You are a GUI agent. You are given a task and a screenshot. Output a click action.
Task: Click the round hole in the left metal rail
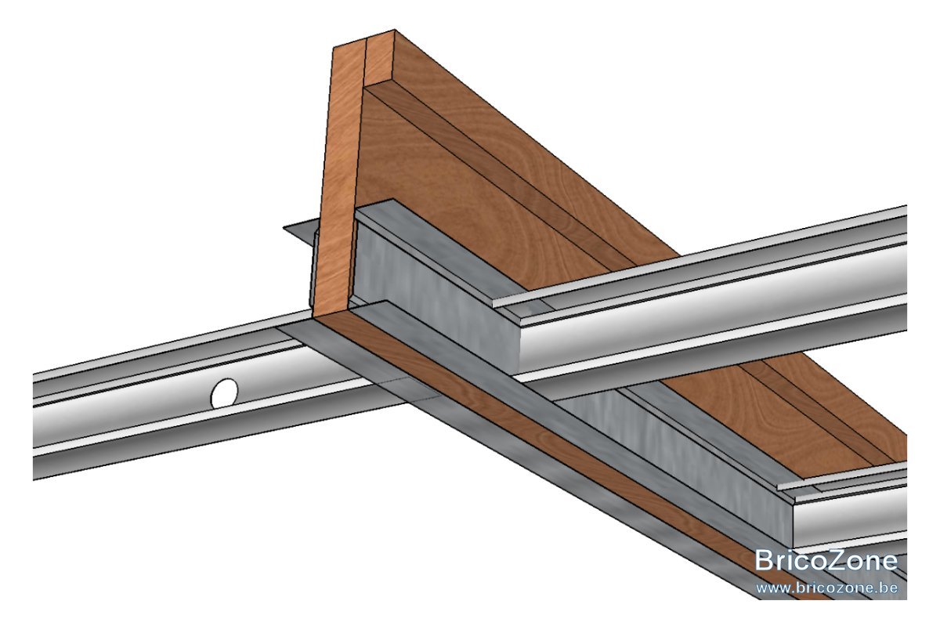225,393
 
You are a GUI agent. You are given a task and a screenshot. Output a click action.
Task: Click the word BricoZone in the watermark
826,560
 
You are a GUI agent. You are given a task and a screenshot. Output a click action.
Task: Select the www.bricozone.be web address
826,588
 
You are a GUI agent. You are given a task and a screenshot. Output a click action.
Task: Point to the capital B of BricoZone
765,560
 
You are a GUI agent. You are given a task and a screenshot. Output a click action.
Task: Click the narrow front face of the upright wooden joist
338,180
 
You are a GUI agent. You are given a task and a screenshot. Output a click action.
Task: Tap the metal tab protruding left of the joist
300,232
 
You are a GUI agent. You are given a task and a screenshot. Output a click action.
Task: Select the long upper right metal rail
709,290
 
